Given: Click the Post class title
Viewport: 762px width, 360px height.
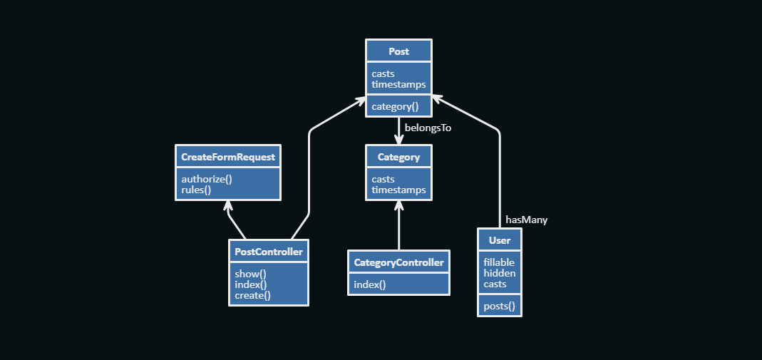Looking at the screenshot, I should pyautogui.click(x=398, y=51).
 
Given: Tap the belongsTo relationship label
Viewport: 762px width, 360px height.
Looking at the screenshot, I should pyautogui.click(x=428, y=128).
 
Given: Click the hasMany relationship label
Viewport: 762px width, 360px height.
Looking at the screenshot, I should pyautogui.click(x=526, y=220).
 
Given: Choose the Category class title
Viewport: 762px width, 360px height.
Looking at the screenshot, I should pyautogui.click(x=398, y=157).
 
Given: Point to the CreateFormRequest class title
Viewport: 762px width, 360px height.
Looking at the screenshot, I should pyautogui.click(x=228, y=157).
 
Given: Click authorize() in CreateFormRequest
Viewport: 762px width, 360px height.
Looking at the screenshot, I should pyautogui.click(x=207, y=179).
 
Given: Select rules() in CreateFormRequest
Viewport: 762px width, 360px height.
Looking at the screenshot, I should pyautogui.click(x=196, y=190).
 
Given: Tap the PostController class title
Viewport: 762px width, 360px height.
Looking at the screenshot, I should pyautogui.click(x=269, y=252).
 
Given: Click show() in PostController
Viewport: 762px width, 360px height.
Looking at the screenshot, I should pyautogui.click(x=250, y=274).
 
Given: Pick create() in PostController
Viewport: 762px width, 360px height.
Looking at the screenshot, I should pyautogui.click(x=252, y=295).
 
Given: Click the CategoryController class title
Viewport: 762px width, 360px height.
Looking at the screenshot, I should pyautogui.click(x=398, y=262).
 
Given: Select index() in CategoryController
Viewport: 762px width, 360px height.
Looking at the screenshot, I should pyautogui.click(x=369, y=285).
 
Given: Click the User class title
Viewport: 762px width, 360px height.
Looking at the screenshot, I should pyautogui.click(x=500, y=240).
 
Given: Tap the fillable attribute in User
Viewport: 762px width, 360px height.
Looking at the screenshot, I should pyautogui.click(x=499, y=262).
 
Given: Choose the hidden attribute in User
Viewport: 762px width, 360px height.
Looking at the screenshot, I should pyautogui.click(x=499, y=273).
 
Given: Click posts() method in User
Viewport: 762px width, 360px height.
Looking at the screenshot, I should pyautogui.click(x=499, y=307).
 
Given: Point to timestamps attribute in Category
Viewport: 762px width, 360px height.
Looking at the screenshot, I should pyautogui.click(x=398, y=190).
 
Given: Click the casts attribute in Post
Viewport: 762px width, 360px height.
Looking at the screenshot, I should pyautogui.click(x=383, y=73).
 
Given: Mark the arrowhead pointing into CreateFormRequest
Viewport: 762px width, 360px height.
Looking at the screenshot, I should pyautogui.click(x=228, y=205).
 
